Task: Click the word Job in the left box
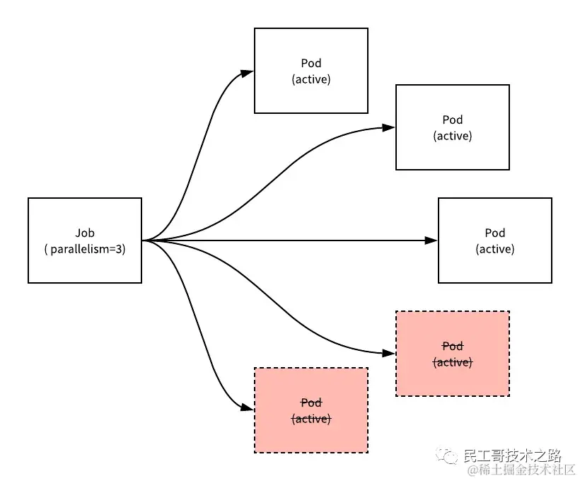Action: (x=85, y=233)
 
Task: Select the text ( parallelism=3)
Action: (x=85, y=249)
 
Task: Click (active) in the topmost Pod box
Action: (x=311, y=79)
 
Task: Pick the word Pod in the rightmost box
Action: (x=495, y=233)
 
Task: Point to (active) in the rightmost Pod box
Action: (x=495, y=249)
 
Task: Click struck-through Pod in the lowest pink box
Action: (x=311, y=402)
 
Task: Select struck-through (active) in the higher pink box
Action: (x=453, y=362)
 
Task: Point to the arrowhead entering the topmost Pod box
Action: (x=248, y=71)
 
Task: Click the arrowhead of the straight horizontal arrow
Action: (x=431, y=240)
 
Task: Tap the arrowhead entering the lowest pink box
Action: (x=248, y=410)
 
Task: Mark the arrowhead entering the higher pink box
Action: (x=389, y=352)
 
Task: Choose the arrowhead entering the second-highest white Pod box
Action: (x=389, y=128)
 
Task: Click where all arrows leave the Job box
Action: (x=144, y=240)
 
